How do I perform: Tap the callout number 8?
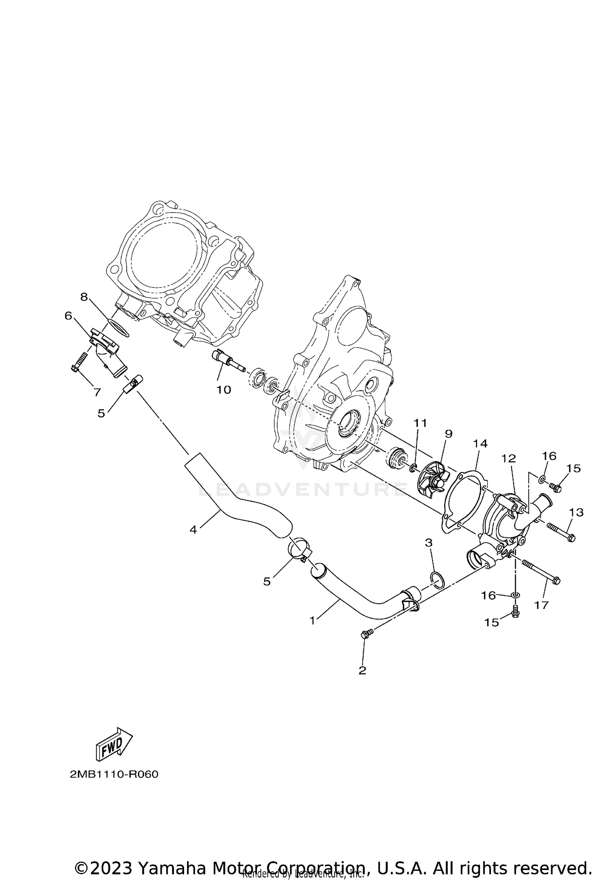point(84,297)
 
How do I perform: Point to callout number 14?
point(480,443)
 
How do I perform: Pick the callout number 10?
point(223,389)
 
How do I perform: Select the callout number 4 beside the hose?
point(193,529)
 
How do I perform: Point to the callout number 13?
point(576,513)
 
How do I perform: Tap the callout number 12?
point(509,458)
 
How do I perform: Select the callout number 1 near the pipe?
point(312,620)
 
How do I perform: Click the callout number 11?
point(420,423)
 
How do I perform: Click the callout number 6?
point(68,315)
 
